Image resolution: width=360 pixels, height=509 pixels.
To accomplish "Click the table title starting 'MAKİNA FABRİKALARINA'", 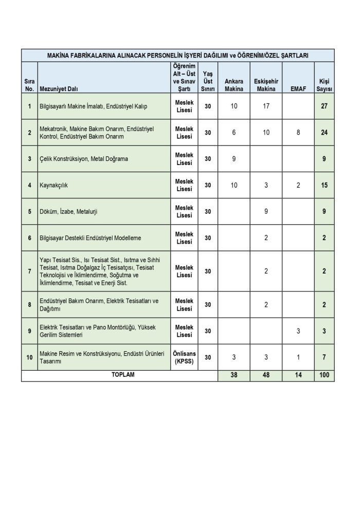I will coord(178,55).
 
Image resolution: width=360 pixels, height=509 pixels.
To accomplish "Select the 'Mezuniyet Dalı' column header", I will coord(59,88).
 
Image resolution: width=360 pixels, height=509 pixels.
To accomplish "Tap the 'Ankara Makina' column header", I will coord(234,85).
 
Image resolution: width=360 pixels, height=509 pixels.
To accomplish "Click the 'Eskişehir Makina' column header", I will coord(266,85).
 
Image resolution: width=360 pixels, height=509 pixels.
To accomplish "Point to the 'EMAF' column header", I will coord(298,88).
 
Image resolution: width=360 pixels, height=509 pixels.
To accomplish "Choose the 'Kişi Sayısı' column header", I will coord(324,85).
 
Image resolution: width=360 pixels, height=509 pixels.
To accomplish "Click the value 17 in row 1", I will coord(266,106).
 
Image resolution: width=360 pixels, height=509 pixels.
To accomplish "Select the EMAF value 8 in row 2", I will coord(298,133).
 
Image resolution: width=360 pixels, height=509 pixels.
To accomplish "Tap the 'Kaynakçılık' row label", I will coord(54,185).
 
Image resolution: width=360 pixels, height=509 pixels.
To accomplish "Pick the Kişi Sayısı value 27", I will coord(324,106).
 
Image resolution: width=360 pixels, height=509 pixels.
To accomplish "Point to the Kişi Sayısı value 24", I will coord(324,133).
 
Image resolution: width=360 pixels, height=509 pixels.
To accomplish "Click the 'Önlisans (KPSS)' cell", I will coord(184,357).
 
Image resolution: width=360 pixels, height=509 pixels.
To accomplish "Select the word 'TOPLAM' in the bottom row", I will coord(123,375).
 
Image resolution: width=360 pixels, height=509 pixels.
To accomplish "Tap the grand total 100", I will coord(324,375).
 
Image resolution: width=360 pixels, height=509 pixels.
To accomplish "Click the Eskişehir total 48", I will coord(266,375).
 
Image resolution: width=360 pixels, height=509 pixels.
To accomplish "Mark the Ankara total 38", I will coord(234,375).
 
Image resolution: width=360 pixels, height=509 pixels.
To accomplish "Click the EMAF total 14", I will coord(298,375).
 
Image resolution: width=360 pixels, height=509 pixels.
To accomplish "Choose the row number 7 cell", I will coord(29,271).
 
